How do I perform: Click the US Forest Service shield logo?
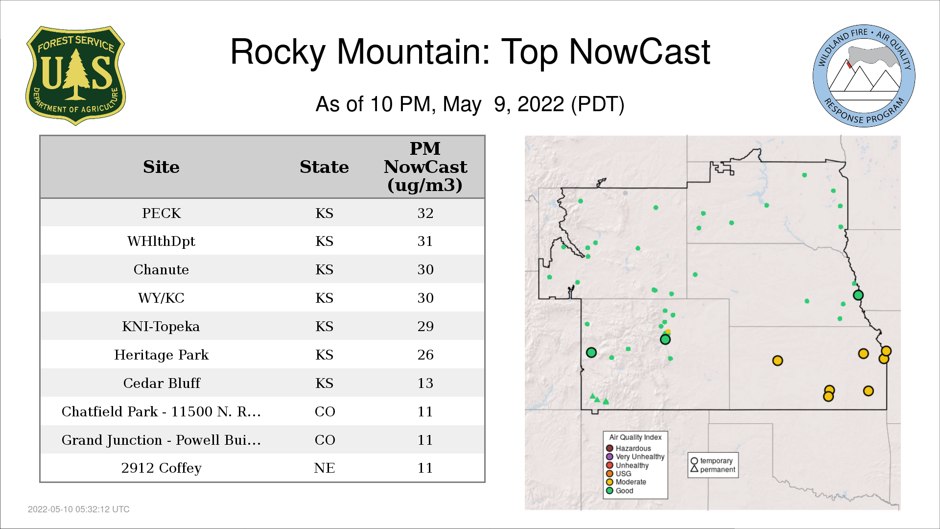click(x=75, y=76)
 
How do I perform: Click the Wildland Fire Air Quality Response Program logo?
click(x=864, y=76)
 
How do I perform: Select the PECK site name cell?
click(x=162, y=213)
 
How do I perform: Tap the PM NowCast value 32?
click(x=425, y=213)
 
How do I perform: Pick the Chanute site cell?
click(x=162, y=269)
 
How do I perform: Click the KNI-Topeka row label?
click(x=161, y=326)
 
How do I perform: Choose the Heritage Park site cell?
click(x=162, y=355)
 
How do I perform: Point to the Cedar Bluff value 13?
click(x=425, y=383)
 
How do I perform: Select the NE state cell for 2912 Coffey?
click(x=325, y=468)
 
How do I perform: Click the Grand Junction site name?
click(x=161, y=440)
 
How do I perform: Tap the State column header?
click(x=325, y=167)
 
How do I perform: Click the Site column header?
click(x=162, y=167)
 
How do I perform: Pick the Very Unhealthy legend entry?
click(x=635, y=457)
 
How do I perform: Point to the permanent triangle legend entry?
click(x=713, y=469)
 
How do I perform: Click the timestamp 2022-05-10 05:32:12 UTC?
click(x=79, y=509)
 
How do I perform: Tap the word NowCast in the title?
click(x=639, y=52)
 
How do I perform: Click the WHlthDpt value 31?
click(x=425, y=241)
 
